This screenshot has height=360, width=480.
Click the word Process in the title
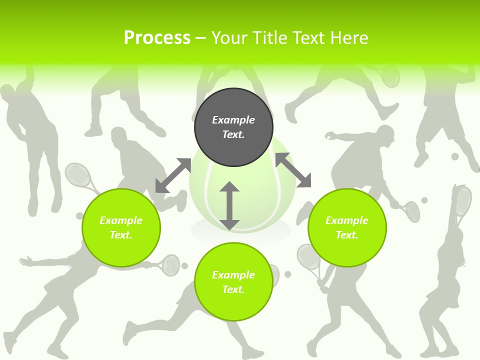(157, 38)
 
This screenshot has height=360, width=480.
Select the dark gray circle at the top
(233, 127)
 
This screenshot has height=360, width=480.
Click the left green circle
(121, 227)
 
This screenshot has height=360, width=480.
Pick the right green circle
(347, 227)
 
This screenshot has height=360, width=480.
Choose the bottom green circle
(233, 281)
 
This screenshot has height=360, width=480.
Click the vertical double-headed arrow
(229, 205)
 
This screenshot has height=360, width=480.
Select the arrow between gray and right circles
(293, 170)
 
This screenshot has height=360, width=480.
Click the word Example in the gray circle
(233, 120)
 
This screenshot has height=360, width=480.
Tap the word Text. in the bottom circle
(233, 289)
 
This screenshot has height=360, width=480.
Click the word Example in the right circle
(347, 220)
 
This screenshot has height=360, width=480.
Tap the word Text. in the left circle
(121, 235)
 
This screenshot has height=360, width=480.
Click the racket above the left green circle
(78, 175)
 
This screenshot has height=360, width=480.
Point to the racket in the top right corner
(389, 75)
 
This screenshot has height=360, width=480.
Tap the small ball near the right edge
(455, 156)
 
